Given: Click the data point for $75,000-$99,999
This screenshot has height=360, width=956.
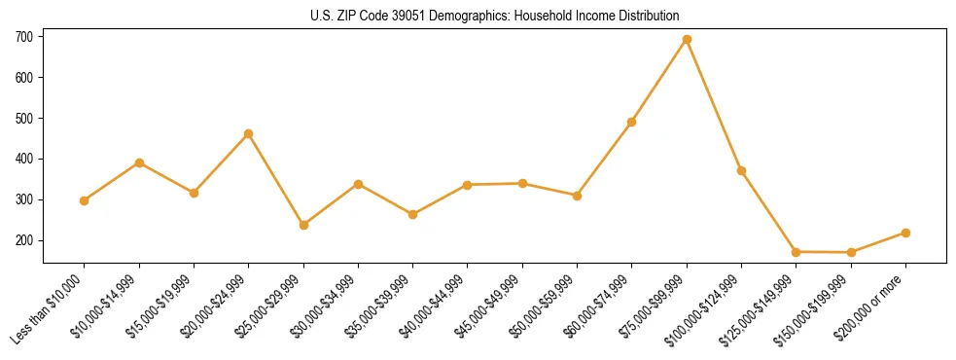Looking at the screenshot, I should tap(687, 40).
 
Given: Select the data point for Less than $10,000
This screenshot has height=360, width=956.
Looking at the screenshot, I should tap(85, 200).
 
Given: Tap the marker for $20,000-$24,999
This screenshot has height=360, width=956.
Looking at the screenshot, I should tap(249, 133).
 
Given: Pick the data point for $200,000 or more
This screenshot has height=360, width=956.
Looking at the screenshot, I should tap(905, 233).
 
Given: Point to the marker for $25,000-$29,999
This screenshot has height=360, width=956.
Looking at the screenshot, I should tap(303, 225).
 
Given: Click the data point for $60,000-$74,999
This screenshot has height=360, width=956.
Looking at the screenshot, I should tap(632, 122).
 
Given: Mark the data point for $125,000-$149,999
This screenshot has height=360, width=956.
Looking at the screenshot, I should tap(797, 252).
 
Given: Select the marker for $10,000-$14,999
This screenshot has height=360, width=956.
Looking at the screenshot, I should tap(139, 162).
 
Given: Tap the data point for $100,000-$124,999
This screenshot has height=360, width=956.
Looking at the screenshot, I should tap(741, 170).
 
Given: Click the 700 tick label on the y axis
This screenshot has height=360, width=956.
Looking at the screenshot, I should tap(24, 37).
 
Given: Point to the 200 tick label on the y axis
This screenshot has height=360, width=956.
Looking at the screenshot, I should tap(24, 240).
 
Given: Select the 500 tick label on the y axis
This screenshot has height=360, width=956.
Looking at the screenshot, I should tap(24, 119).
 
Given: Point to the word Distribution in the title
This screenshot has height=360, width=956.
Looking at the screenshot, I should tap(649, 16).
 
